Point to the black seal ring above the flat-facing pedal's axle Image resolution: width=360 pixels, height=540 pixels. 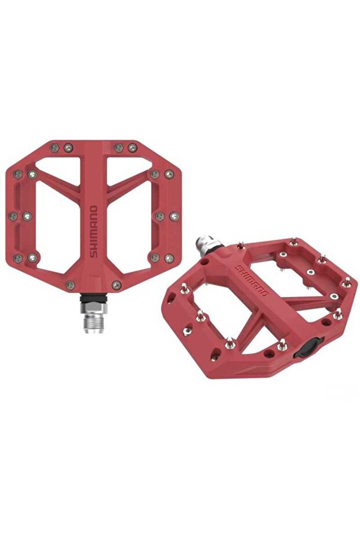(x=92, y=299)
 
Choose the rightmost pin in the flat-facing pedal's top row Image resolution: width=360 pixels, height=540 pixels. (x=132, y=148)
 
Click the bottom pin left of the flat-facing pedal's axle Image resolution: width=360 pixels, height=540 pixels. (x=70, y=285)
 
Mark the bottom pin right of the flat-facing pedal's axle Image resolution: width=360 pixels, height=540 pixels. (x=116, y=285)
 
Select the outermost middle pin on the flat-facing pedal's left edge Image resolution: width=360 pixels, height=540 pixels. (x=13, y=216)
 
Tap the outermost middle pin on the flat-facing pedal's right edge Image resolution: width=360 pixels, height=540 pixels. (x=173, y=216)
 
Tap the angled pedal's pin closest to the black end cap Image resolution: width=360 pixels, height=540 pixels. (x=282, y=345)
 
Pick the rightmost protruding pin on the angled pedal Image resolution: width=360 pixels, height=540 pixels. (x=347, y=282)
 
